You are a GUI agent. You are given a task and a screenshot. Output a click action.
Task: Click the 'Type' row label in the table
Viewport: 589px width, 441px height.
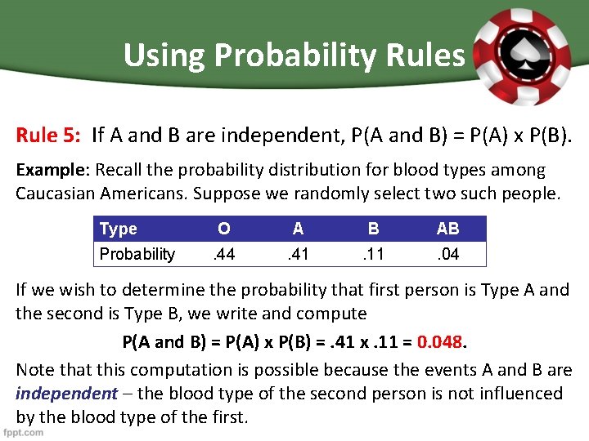pyautogui.click(x=119, y=229)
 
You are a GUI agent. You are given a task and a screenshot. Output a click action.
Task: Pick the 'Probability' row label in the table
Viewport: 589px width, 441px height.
pyautogui.click(x=137, y=254)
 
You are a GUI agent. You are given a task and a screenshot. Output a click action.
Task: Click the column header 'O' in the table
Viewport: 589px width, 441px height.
pyautogui.click(x=223, y=229)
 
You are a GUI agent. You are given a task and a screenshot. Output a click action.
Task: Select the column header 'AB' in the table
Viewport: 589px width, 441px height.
pyautogui.click(x=447, y=229)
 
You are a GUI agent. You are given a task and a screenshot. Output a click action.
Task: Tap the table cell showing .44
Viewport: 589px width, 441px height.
pyautogui.click(x=223, y=254)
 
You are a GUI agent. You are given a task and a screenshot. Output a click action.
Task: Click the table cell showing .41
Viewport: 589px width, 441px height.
pyautogui.click(x=298, y=254)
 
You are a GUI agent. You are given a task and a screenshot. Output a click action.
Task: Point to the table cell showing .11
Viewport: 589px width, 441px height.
pyautogui.click(x=373, y=254)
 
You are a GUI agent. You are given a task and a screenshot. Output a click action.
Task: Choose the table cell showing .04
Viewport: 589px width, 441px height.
pyautogui.click(x=447, y=254)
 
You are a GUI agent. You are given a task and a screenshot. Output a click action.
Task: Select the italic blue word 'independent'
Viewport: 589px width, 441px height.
pyautogui.click(x=66, y=394)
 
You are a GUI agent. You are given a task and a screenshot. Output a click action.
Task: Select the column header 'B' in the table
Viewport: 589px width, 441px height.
pyautogui.click(x=373, y=229)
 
